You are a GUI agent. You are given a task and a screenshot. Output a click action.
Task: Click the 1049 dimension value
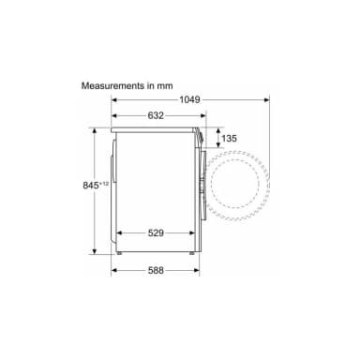[x=189, y=99]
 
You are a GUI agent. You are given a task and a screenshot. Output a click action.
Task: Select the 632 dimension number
[x=156, y=115]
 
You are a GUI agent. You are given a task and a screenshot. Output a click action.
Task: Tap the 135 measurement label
[x=230, y=138]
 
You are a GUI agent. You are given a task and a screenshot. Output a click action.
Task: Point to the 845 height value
[x=91, y=186]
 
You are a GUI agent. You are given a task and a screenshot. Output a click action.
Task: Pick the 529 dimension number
[x=156, y=232]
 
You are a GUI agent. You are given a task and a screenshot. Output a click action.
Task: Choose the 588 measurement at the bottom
[x=156, y=270]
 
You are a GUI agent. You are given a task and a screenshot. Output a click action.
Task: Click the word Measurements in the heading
[x=112, y=85]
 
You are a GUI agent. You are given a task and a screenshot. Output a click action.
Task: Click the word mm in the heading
[x=165, y=86]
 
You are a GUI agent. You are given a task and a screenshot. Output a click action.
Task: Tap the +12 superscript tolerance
[x=104, y=184]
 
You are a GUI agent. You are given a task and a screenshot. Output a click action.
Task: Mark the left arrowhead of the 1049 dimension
[x=114, y=100]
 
